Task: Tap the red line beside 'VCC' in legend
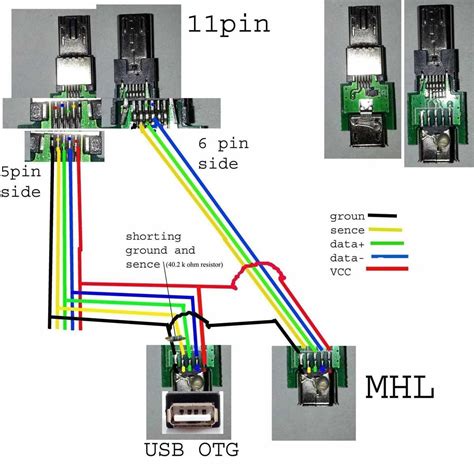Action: click(x=385, y=272)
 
